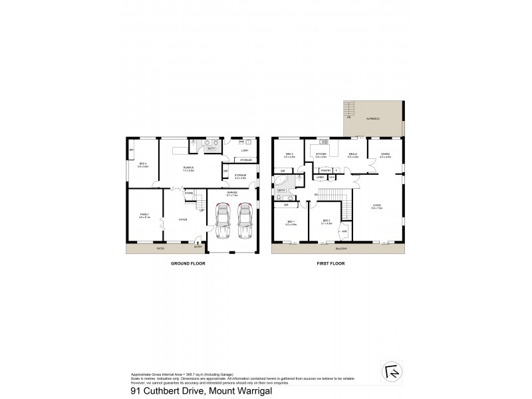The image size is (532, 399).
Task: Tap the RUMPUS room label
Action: click(188, 168)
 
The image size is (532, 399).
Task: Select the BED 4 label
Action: click(142, 164)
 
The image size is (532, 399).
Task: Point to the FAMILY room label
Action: click(144, 215)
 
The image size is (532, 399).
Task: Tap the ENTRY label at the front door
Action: click(197, 247)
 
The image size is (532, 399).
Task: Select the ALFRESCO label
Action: click(372, 116)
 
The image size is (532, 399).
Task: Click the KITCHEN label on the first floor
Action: click(321, 155)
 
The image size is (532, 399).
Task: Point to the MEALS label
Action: click(352, 155)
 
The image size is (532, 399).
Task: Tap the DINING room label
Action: click(385, 155)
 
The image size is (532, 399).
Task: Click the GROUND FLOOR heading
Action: click(188, 264)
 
